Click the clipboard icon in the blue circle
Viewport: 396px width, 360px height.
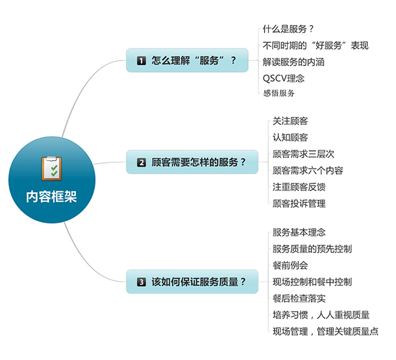[x=52, y=168]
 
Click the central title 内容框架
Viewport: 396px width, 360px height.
[x=52, y=197]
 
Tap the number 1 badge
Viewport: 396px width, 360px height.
[x=141, y=61]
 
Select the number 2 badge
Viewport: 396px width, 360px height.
[x=141, y=163]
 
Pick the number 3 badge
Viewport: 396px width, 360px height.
[x=141, y=282]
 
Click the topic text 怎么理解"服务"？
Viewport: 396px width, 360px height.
[x=194, y=60]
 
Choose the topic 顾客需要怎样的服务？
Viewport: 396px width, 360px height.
[x=198, y=162]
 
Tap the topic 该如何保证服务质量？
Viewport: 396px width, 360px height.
[x=198, y=281]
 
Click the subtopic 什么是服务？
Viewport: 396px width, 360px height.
[x=288, y=29]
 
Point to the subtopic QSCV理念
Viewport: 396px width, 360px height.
[x=283, y=79]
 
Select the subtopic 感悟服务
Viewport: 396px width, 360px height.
[x=279, y=93]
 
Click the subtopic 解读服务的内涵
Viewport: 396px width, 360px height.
[x=294, y=62]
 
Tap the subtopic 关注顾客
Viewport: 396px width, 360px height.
[x=290, y=121]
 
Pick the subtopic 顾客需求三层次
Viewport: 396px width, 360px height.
[x=303, y=154]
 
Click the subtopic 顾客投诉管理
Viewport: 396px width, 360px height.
[x=299, y=204]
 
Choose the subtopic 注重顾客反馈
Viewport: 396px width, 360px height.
[x=299, y=187]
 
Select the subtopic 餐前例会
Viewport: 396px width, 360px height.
[x=290, y=265]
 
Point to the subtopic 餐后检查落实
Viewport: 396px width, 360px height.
[x=299, y=298]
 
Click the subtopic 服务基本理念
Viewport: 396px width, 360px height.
[x=299, y=232]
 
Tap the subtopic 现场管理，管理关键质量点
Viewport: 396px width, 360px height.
[x=326, y=332]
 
